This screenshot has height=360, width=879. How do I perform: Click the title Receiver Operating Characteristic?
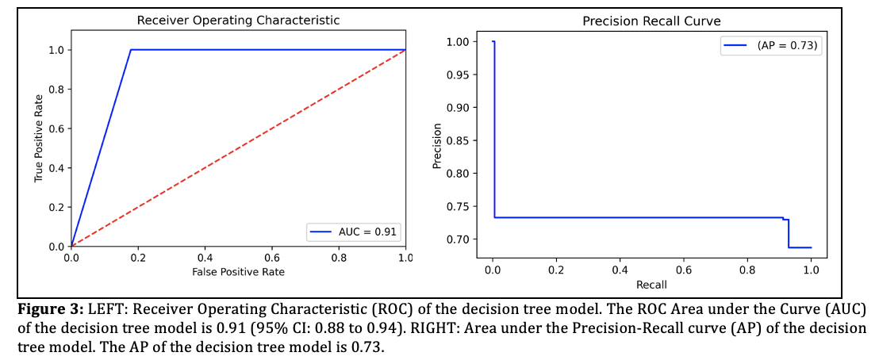coord(238,20)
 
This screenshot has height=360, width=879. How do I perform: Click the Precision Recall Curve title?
coord(651,21)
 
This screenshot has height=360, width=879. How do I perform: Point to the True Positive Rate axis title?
coord(38,139)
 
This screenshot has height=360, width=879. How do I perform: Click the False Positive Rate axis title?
coord(238,272)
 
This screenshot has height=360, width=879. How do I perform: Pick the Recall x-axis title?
coord(651,284)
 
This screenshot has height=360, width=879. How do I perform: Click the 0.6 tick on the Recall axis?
coord(683,270)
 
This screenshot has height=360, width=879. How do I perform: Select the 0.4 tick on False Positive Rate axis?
coord(205,258)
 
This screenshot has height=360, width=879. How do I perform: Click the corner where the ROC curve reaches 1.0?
coord(131,50)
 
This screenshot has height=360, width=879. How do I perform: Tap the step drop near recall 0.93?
coord(789,233)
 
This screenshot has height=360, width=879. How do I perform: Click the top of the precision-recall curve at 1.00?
coord(493,42)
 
